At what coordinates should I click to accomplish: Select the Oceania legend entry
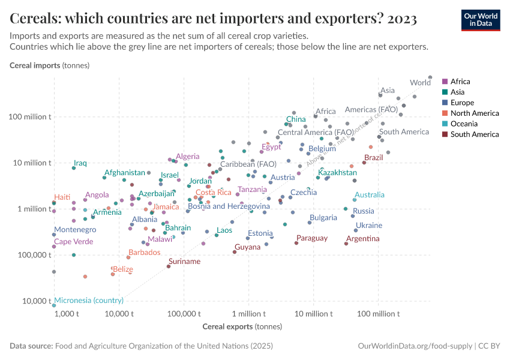click(x=464, y=124)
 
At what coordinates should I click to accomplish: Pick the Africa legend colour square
click(x=445, y=82)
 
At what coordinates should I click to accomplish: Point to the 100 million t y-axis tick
click(x=32, y=117)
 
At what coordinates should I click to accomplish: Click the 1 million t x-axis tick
click(x=248, y=314)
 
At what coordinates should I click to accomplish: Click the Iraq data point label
click(x=80, y=163)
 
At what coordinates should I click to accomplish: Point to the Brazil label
click(x=373, y=157)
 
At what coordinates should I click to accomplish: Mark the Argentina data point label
click(x=362, y=239)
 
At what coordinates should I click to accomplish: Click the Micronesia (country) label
click(x=89, y=300)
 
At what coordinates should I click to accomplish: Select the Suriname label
click(x=184, y=262)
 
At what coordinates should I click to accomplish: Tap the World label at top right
click(x=420, y=83)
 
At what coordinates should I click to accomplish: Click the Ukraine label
click(x=368, y=226)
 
